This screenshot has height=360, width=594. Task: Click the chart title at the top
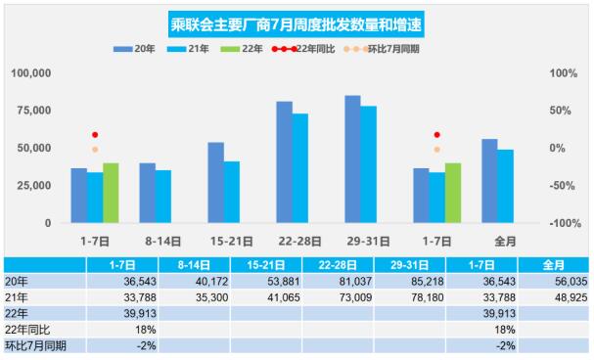pyautogui.click(x=297, y=21)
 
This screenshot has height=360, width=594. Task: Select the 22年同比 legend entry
pyautogui.click(x=311, y=47)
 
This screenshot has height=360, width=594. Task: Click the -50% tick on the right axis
pyautogui.click(x=559, y=185)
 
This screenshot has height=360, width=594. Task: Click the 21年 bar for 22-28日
pyautogui.click(x=299, y=168)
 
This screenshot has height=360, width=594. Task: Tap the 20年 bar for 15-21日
pyautogui.click(x=215, y=182)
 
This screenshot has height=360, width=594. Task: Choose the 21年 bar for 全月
pyautogui.click(x=506, y=186)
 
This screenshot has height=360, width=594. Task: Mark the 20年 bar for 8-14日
pyautogui.click(x=147, y=193)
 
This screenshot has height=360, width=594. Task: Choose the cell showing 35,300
pyautogui.click(x=195, y=297)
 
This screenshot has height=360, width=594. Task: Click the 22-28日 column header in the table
pyautogui.click(x=336, y=265)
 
